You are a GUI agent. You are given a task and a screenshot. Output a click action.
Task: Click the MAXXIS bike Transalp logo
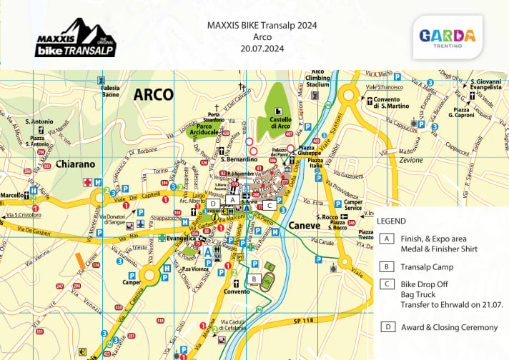coord(75,39)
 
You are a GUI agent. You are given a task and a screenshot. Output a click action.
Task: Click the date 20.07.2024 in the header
coord(262,50)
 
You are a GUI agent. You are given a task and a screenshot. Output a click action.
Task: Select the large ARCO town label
coord(153,94)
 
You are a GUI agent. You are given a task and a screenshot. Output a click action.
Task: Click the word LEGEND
coord(392,221)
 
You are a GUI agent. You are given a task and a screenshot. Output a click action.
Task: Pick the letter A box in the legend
coord(387,239)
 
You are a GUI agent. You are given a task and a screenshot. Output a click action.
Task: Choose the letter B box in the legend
coord(387,267)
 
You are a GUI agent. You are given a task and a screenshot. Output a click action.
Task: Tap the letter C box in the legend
coord(387,284)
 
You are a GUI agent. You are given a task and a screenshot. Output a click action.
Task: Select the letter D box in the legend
coord(387,327)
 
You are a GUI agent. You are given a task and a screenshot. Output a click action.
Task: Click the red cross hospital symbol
coord(89,182)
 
